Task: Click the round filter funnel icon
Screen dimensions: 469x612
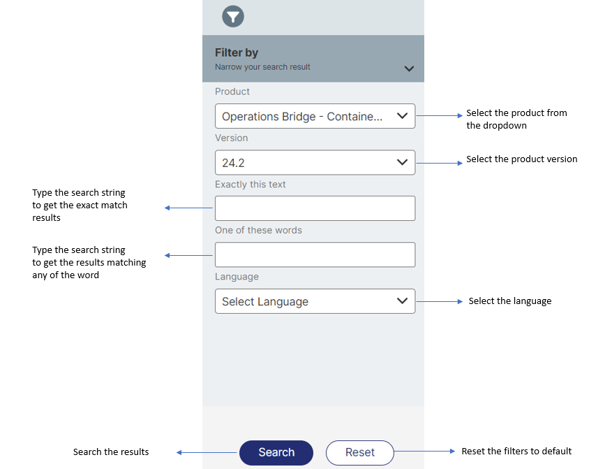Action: pos(233,16)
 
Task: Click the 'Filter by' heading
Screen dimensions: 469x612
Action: pos(237,52)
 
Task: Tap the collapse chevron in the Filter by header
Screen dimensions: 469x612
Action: pos(409,68)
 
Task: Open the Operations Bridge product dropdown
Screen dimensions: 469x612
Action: pos(315,117)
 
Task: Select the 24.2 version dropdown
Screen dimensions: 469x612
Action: pos(315,163)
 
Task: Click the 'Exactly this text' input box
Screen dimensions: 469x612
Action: pos(315,208)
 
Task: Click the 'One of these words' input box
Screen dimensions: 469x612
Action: pos(315,254)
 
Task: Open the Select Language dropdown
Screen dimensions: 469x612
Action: pos(315,301)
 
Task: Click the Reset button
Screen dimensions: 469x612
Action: pos(359,452)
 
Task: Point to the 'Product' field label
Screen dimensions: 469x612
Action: pos(232,92)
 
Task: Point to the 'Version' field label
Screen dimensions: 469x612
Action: pos(231,138)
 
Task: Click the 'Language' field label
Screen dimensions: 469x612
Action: pos(237,277)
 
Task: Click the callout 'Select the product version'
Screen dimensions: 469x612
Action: pos(521,159)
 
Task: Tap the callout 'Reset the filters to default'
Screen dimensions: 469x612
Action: pos(516,451)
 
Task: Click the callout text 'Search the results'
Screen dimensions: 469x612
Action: pos(111,452)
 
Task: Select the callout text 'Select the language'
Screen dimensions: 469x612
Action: pos(509,301)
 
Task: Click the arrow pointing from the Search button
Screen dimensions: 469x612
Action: pos(207,452)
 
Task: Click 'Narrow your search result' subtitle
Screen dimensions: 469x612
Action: pos(262,67)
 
